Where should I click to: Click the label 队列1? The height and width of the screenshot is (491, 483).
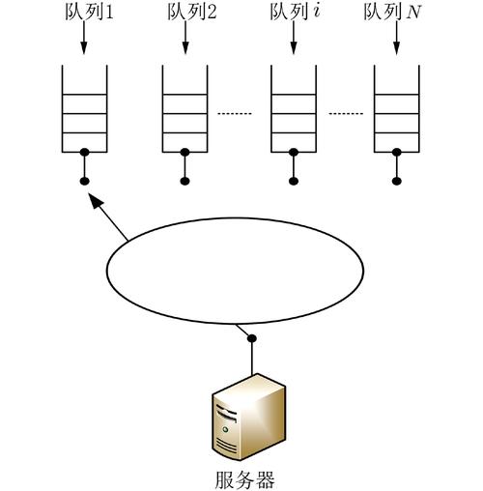click(84, 13)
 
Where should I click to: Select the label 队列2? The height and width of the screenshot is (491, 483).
click(185, 13)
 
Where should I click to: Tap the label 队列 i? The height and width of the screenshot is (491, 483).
click(292, 13)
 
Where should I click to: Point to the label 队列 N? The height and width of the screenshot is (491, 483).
click(395, 13)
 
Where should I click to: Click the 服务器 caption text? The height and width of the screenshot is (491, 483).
click(248, 477)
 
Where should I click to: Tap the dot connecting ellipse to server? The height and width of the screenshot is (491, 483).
click(253, 337)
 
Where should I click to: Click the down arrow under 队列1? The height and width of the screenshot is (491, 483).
click(84, 39)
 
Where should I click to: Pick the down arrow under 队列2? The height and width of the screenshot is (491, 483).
click(185, 39)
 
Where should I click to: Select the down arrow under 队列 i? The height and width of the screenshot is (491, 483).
click(293, 39)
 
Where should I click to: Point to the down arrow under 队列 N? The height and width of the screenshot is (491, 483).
click(397, 39)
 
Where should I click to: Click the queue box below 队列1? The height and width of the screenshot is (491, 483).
click(84, 108)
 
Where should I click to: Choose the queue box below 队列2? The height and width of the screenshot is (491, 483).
click(185, 108)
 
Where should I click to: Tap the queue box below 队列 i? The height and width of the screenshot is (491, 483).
click(293, 108)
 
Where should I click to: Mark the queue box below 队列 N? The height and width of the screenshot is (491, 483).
click(397, 108)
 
